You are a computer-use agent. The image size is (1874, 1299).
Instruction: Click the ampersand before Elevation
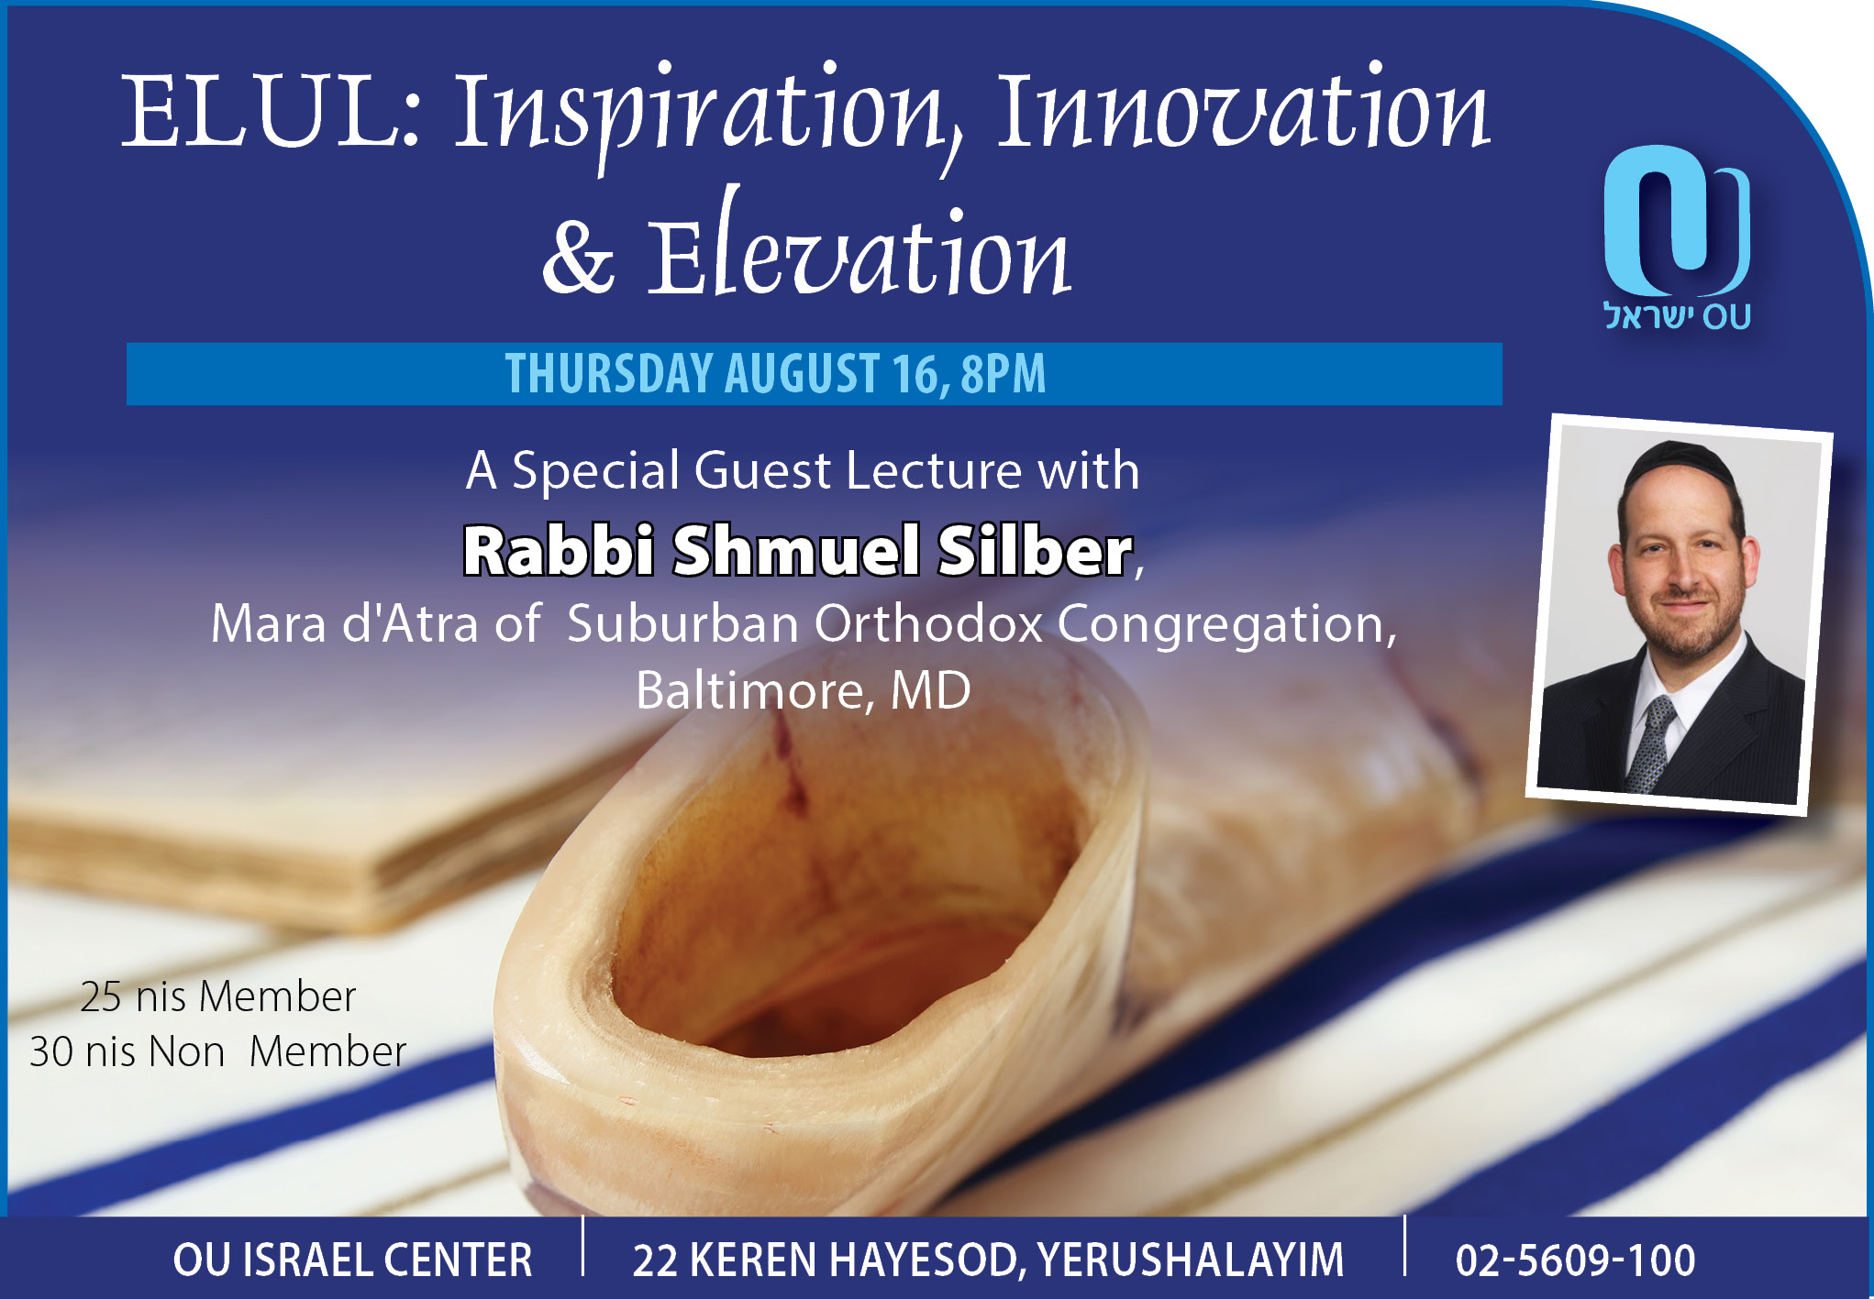(x=578, y=256)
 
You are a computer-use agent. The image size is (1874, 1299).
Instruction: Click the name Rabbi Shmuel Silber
(x=798, y=550)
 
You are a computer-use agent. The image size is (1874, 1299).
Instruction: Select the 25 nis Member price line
(x=218, y=996)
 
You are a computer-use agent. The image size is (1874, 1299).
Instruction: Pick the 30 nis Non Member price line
(x=218, y=1051)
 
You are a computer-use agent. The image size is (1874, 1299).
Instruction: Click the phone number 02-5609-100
(x=1575, y=1260)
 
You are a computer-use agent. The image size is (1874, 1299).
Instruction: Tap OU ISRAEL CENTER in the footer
(x=353, y=1260)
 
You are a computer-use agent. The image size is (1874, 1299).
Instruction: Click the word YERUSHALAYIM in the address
(x=1191, y=1260)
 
